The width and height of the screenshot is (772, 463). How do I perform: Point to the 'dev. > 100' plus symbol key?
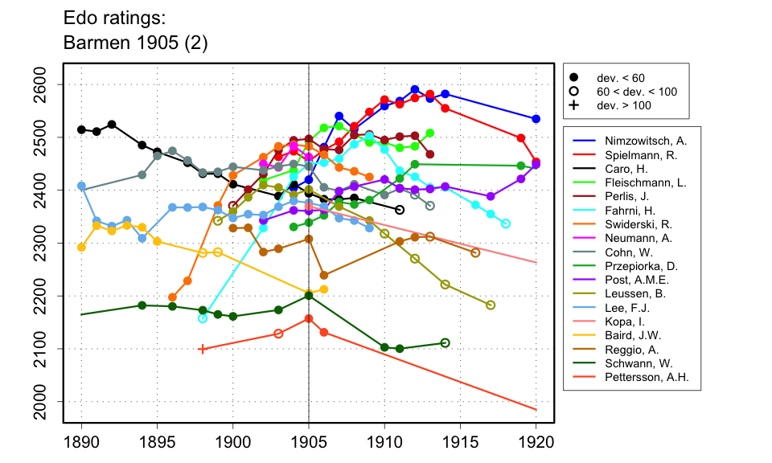[x=573, y=105]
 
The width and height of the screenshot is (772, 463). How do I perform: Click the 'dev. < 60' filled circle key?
[x=573, y=77]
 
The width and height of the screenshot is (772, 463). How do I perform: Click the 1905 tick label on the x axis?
[x=309, y=441]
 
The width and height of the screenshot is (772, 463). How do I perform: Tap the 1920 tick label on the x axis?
[x=536, y=441]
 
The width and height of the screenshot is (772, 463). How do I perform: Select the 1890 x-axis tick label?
[x=81, y=441]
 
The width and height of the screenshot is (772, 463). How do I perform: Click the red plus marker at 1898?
[x=203, y=349]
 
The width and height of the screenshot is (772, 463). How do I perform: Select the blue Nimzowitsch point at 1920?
[x=536, y=119]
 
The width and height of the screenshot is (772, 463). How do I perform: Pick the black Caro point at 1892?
[x=112, y=125]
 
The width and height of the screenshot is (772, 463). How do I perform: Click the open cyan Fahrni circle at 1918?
[x=506, y=223]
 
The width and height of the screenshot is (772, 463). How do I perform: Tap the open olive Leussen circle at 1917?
[x=491, y=305]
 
